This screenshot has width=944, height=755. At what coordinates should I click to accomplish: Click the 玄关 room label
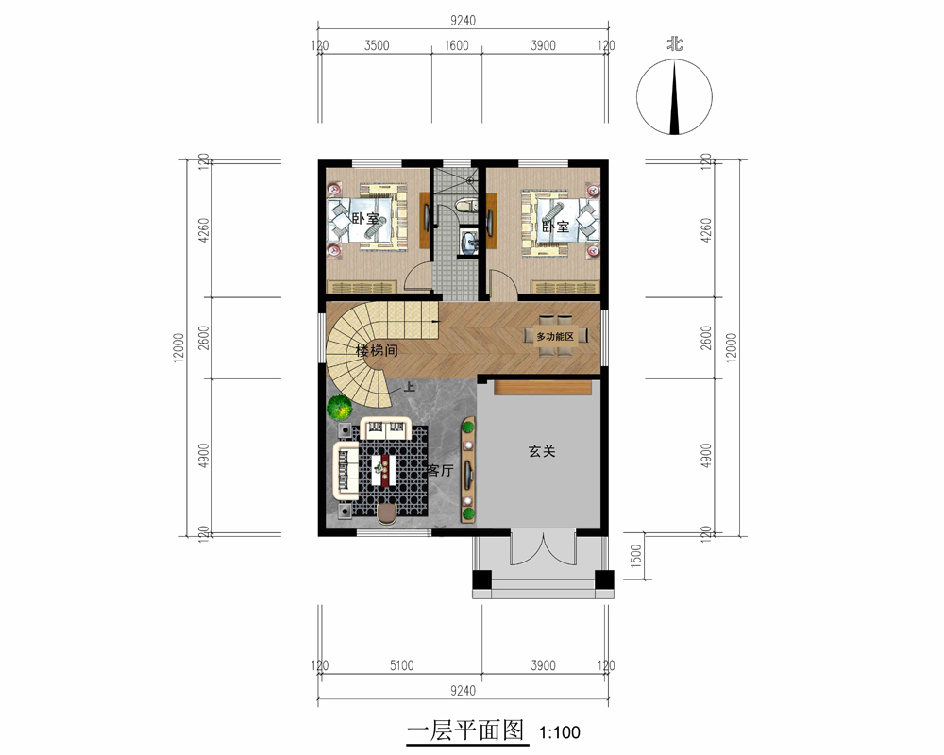pyautogui.click(x=541, y=451)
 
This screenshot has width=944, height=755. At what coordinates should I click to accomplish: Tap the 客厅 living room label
pyautogui.click(x=440, y=470)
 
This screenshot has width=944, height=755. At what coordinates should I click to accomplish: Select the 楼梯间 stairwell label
pyautogui.click(x=377, y=350)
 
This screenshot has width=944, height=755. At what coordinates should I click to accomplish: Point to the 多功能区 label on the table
pyautogui.click(x=555, y=337)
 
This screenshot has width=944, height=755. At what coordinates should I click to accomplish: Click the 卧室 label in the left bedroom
pyautogui.click(x=365, y=219)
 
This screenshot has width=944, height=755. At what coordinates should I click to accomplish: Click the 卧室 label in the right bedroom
pyautogui.click(x=555, y=226)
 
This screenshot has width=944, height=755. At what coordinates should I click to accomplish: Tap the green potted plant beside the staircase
pyautogui.click(x=340, y=408)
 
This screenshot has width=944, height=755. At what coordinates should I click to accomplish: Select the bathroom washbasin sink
pyautogui.click(x=468, y=242)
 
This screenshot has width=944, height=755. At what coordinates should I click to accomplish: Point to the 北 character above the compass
pyautogui.click(x=674, y=44)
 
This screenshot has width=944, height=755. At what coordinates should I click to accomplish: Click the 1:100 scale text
pyautogui.click(x=559, y=732)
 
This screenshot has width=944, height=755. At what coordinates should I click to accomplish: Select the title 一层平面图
pyautogui.click(x=465, y=730)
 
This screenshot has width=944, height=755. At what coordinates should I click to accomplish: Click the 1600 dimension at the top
pyautogui.click(x=456, y=45)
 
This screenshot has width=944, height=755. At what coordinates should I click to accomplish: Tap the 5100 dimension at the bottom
pyautogui.click(x=401, y=665)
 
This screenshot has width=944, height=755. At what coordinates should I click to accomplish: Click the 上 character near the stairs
pyautogui.click(x=410, y=387)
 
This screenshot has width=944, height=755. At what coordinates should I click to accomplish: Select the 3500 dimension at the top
pyautogui.click(x=377, y=45)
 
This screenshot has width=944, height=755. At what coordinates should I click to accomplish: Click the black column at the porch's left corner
pyautogui.click(x=481, y=579)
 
